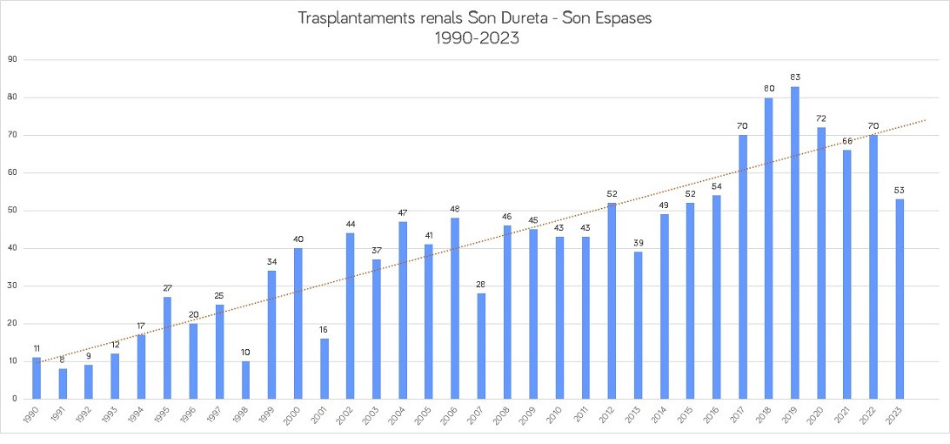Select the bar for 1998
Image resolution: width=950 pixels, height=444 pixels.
coord(245,380)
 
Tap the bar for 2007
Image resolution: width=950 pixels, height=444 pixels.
coord(481,346)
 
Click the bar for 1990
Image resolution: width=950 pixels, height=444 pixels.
coord(37,378)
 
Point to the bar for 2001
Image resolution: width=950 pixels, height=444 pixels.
coord(324,368)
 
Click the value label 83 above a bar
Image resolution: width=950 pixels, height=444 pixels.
coord(795,77)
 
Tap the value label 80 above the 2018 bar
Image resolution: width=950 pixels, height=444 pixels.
coord(769,88)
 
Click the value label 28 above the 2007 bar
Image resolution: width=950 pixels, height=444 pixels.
coord(481,284)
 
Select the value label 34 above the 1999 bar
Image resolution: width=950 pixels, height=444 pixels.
coord(271,261)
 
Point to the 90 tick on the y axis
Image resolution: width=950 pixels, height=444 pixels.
coord(13,60)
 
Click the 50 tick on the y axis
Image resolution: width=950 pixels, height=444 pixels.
coord(13,211)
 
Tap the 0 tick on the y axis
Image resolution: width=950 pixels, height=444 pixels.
coord(16,399)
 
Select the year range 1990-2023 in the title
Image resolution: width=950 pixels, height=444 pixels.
coord(475,37)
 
